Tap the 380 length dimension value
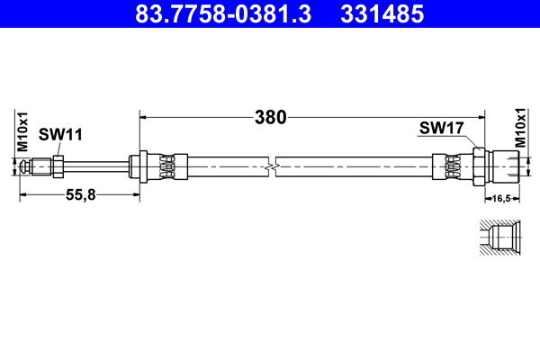269,117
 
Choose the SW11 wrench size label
60,135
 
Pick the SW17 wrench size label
440,128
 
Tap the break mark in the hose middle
272,166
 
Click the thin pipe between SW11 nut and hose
95,166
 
